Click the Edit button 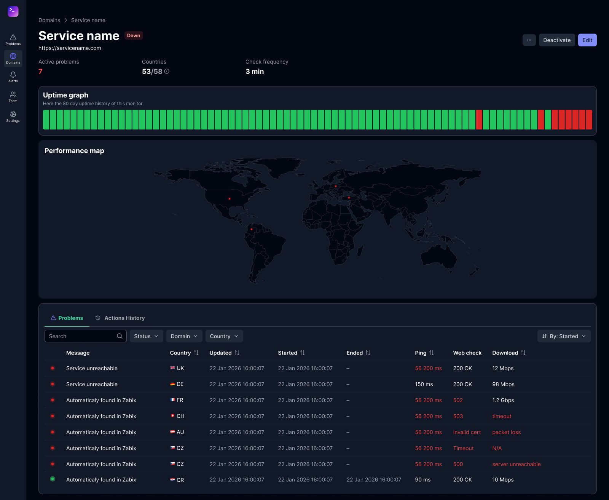pos(587,40)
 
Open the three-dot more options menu pos(529,40)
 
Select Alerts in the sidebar pos(13,77)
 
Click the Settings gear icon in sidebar pos(13,114)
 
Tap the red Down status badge pos(133,35)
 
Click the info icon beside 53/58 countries pos(167,71)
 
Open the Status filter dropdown pos(146,336)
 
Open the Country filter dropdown pos(224,336)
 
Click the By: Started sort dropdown pos(564,336)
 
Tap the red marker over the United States pos(230,199)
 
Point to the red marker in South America pos(252,229)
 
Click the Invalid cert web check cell pos(467,432)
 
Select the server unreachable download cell pos(516,464)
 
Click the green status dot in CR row pos(53,479)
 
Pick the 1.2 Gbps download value pos(503,400)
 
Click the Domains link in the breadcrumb pos(49,20)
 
